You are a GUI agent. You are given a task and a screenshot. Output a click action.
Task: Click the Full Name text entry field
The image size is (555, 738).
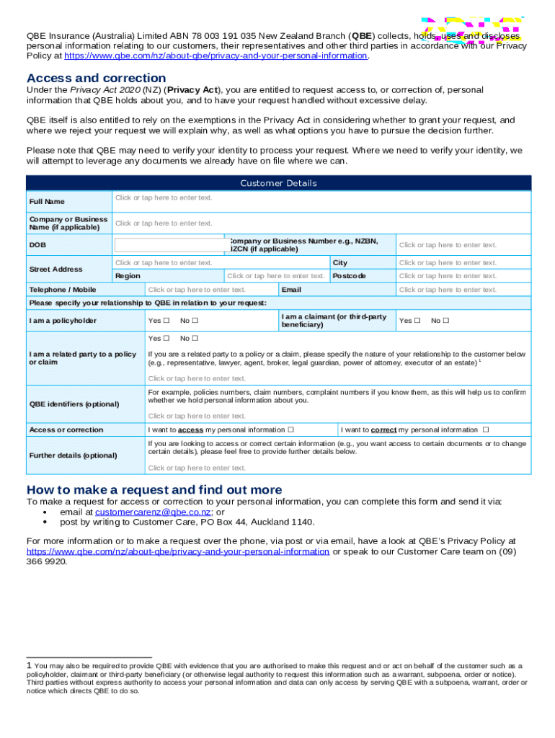pos(164,197)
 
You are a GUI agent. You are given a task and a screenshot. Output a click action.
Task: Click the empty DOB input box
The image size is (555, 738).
pos(170,245)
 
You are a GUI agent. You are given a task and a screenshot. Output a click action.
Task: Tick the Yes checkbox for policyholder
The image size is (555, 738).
pos(166,321)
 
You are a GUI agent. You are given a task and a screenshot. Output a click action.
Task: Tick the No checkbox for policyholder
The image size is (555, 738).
pos(195,321)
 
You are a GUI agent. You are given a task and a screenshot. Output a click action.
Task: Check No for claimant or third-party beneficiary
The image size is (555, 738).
pos(445,321)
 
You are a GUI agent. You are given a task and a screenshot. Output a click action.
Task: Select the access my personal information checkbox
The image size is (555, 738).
pos(290,430)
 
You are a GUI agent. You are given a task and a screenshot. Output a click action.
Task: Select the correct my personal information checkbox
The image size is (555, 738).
pos(486,430)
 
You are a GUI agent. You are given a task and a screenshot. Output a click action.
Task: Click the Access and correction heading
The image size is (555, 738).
pos(96,78)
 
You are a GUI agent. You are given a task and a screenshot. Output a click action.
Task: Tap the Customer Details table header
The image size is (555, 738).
pos(278,183)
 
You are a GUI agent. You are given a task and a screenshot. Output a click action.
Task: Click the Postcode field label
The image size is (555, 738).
pos(349,276)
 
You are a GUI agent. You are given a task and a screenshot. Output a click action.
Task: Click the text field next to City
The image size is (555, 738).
pos(448,263)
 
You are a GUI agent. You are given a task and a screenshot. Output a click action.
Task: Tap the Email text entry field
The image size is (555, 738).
pos(448,290)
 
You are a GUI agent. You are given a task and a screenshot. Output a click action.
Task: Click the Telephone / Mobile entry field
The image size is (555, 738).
pos(197,290)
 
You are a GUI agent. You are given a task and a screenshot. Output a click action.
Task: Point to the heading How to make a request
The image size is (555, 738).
pos(154,490)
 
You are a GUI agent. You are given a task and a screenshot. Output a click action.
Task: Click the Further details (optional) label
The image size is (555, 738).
pos(73,455)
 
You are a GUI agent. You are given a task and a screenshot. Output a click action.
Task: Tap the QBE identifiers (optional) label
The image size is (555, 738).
pos(74,404)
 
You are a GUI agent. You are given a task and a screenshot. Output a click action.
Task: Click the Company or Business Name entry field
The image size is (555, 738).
pos(164,223)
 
